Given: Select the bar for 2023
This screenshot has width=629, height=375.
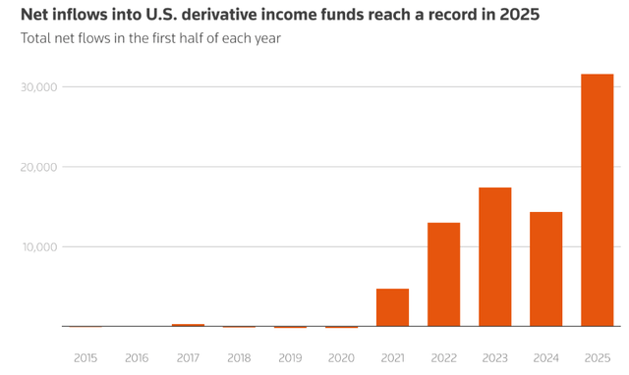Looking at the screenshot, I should click(494, 256).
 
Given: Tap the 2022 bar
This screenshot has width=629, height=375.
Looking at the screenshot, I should click(443, 274).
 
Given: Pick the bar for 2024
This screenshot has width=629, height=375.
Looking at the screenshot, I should click(545, 268).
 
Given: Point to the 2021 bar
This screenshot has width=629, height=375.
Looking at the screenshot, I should click(392, 307).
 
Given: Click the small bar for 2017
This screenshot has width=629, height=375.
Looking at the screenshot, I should click(188, 325).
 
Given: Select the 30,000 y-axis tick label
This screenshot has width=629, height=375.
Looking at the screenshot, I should click(38, 87).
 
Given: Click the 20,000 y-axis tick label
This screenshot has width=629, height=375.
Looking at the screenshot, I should click(38, 167).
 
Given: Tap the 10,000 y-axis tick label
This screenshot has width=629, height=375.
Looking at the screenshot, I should click(38, 246).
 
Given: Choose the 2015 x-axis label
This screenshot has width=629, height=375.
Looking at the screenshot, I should click(86, 358).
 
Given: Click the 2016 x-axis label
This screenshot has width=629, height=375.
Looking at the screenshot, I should click(137, 358).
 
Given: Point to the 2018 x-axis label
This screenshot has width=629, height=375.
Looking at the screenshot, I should click(239, 358).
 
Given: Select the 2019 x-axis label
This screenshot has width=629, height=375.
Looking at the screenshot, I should click(290, 358).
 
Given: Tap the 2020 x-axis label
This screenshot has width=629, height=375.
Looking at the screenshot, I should click(341, 358).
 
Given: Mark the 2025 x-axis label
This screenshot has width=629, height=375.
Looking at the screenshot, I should click(597, 358).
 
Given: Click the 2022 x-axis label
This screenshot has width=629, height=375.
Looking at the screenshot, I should click(443, 358).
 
